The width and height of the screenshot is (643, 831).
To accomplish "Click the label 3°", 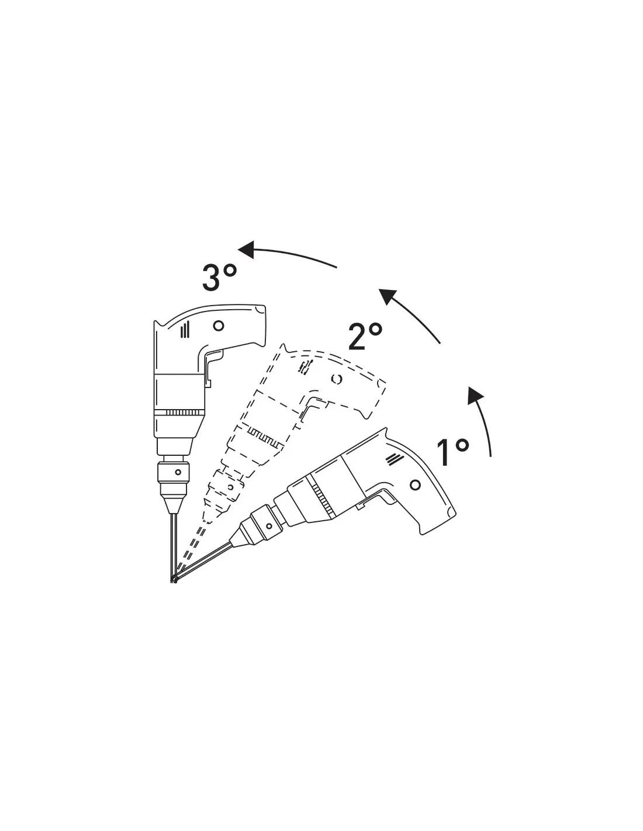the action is click(219, 277).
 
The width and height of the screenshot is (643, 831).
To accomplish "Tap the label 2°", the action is click(365, 336).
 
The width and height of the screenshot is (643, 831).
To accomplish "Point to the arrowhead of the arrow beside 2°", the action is click(387, 297).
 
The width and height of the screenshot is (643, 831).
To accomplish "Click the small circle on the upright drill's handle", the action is click(219, 326).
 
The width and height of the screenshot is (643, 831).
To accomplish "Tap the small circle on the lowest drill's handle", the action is click(415, 485).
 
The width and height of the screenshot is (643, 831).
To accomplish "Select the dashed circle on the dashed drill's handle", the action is click(336, 379).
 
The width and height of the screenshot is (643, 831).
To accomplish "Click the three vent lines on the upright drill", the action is click(185, 329).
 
